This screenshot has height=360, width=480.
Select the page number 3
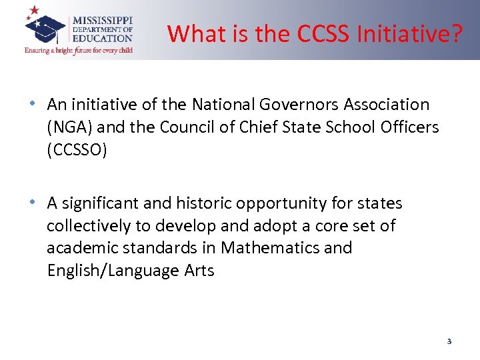[449, 341]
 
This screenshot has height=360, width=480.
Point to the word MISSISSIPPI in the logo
[102, 20]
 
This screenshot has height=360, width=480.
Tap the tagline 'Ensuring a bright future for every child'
[78, 50]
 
